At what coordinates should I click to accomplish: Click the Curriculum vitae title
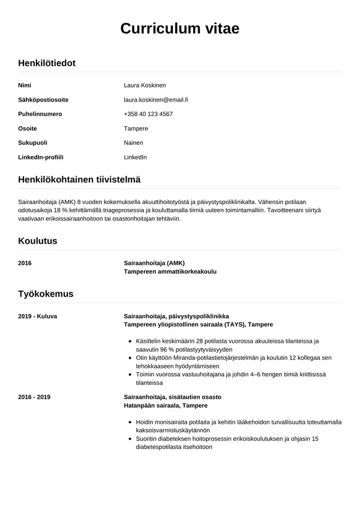click(x=180, y=29)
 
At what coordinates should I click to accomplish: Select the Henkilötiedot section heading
click(x=47, y=63)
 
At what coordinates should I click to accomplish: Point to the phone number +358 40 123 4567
click(x=148, y=113)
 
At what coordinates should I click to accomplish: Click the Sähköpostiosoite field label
click(x=43, y=99)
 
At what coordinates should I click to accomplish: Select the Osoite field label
click(x=28, y=128)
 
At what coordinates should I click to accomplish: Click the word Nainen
click(x=133, y=143)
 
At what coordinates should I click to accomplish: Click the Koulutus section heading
click(x=38, y=241)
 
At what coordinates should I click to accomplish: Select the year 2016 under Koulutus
click(x=25, y=263)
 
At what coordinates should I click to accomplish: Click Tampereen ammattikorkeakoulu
click(x=170, y=271)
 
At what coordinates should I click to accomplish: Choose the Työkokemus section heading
click(x=46, y=294)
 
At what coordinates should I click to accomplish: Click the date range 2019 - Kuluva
click(x=38, y=316)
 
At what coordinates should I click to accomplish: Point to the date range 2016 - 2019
click(x=34, y=397)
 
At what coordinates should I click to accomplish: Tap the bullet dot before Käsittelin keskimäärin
click(x=131, y=341)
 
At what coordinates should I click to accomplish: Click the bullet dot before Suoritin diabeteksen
click(x=131, y=439)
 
